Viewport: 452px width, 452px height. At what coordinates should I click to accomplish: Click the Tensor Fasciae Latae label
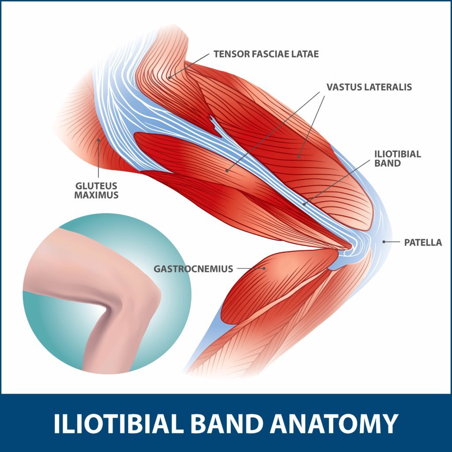pyautogui.click(x=266, y=54)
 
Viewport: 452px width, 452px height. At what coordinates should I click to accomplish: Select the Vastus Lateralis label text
pyautogui.click(x=369, y=87)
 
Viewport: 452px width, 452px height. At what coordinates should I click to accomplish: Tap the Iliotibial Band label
pyautogui.click(x=397, y=158)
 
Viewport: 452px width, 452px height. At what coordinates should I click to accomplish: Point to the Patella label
pyautogui.click(x=423, y=242)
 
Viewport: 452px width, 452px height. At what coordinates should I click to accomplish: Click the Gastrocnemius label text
pyautogui.click(x=193, y=268)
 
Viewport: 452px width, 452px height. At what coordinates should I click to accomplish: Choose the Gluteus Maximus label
pyautogui.click(x=96, y=190)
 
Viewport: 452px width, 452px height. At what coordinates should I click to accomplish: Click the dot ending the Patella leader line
pyautogui.click(x=384, y=241)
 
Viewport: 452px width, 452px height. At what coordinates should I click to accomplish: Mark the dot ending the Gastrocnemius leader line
pyautogui.click(x=264, y=268)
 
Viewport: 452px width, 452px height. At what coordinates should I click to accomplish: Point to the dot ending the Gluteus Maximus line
pyautogui.click(x=99, y=140)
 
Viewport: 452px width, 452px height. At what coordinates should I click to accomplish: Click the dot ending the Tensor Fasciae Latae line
pyautogui.click(x=169, y=77)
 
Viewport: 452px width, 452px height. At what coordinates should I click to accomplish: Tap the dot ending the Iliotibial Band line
pyautogui.click(x=304, y=203)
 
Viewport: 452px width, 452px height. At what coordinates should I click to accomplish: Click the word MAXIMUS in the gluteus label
pyautogui.click(x=96, y=195)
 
